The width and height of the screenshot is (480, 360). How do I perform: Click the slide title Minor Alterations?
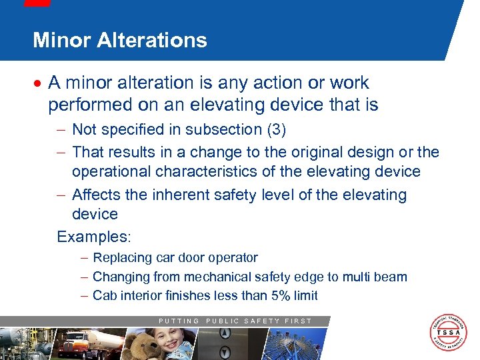coord(120,40)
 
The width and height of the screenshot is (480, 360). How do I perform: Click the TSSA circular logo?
coord(449,332)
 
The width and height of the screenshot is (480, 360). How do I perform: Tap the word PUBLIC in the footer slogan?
coord(221,321)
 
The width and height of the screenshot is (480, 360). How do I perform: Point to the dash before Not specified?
coord(61,129)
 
